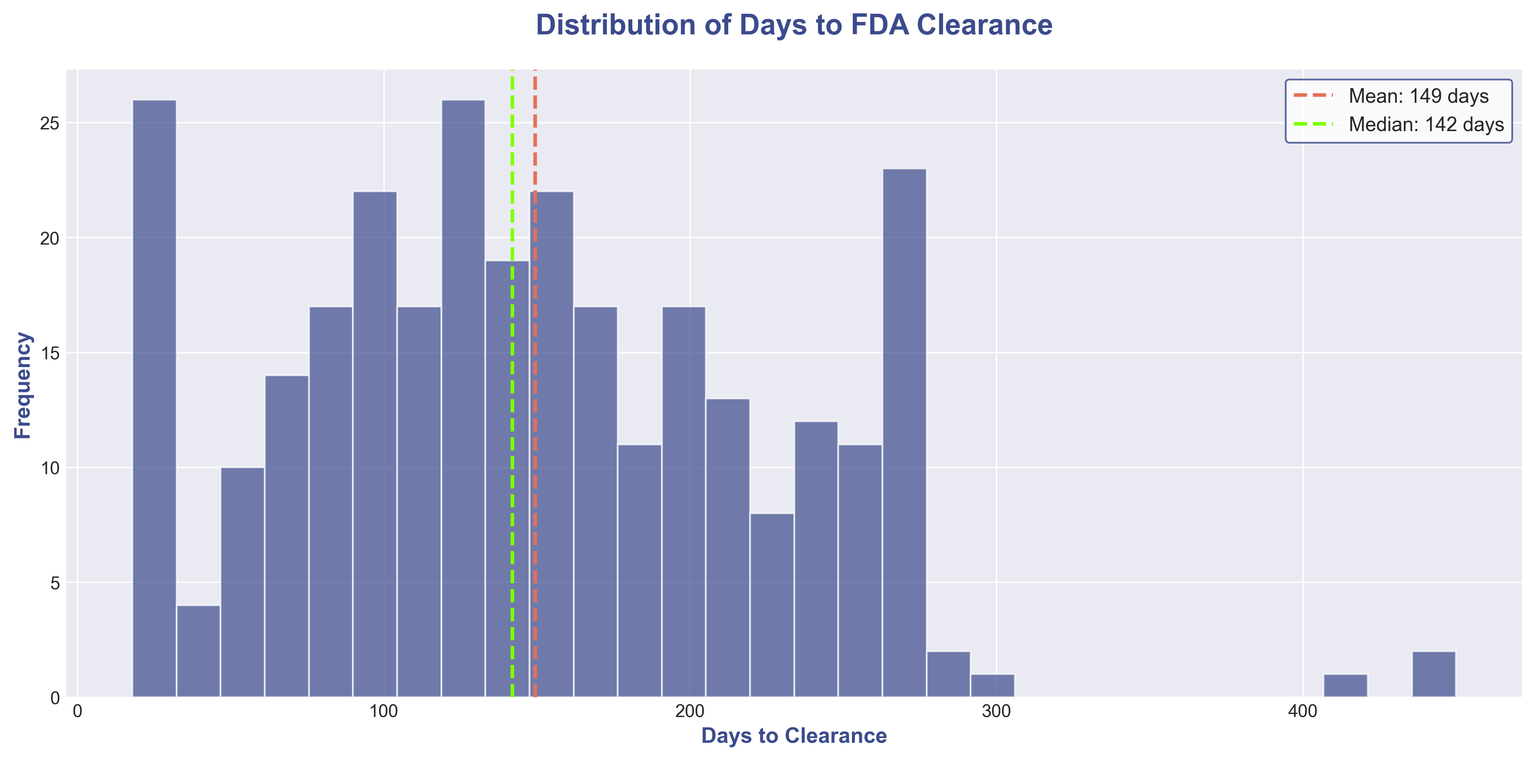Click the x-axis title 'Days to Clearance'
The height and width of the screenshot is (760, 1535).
(794, 735)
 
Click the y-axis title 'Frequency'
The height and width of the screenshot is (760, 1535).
(23, 385)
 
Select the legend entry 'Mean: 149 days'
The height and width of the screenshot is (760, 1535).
(1418, 96)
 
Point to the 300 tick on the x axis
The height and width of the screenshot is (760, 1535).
(996, 711)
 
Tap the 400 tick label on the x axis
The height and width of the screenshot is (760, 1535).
(1302, 711)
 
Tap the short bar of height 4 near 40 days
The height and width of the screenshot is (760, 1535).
(199, 651)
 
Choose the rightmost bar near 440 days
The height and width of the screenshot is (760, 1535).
(1434, 674)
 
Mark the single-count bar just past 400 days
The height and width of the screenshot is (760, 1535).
(1345, 686)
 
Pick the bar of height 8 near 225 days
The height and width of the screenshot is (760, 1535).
(772, 605)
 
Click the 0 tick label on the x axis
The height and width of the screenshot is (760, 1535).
(77, 711)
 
